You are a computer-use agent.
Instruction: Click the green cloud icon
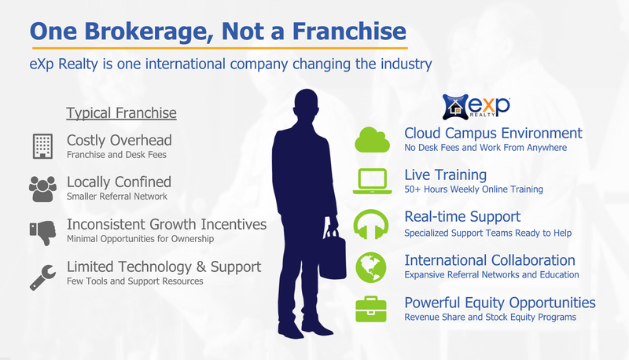coord(372,141)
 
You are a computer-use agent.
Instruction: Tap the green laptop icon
coord(372,182)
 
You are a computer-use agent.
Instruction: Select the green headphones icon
coord(370,225)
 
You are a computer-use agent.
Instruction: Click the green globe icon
coord(370,267)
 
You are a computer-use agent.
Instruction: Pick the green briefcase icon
coord(370,310)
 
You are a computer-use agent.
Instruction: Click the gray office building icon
coord(42,146)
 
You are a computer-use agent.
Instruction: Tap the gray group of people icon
coord(42,189)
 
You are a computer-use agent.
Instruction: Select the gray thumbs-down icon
coord(42,233)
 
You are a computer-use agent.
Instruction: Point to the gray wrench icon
coord(42,277)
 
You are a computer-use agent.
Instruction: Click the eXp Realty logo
coord(476,107)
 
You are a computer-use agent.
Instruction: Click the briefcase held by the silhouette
coord(333,255)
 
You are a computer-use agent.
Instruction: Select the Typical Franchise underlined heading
coord(121,113)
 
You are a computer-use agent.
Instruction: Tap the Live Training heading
coord(445,175)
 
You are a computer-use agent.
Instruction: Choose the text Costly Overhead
coord(120,141)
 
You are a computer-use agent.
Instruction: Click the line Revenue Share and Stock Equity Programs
coord(490,317)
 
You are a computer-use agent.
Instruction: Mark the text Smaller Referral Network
coord(116,197)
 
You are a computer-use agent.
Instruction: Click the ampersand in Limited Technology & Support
coord(201,267)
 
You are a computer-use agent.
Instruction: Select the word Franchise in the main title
coord(349,31)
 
